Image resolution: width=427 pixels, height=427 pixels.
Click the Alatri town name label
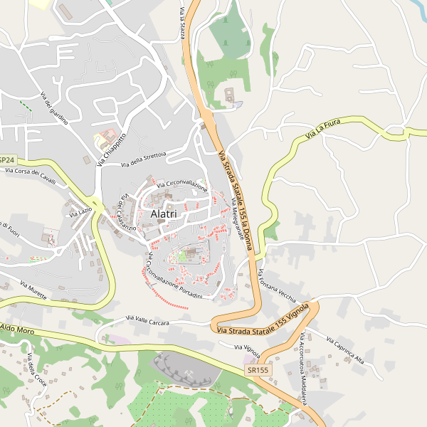(164, 213)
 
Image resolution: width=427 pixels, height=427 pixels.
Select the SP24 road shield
(6, 160)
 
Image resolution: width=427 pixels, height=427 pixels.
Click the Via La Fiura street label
(323, 129)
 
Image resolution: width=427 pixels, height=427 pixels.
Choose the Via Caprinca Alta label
(347, 349)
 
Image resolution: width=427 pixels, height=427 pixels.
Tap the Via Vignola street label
(247, 351)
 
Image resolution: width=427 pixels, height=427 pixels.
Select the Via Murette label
(33, 290)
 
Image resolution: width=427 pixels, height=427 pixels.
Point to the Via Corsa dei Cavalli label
(30, 172)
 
